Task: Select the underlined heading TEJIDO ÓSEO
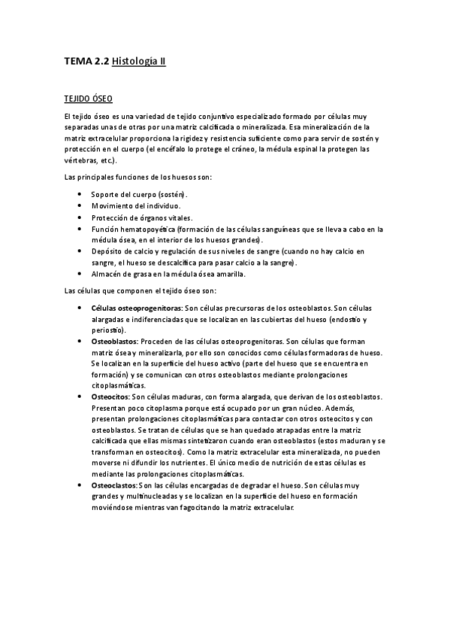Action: tap(88, 99)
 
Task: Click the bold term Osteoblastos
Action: tap(114, 341)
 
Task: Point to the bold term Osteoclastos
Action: tap(115, 485)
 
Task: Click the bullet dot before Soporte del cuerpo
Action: tap(80, 194)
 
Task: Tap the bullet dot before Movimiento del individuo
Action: tap(80, 205)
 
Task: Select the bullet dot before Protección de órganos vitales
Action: tap(80, 217)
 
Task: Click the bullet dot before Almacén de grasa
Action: tap(80, 274)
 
